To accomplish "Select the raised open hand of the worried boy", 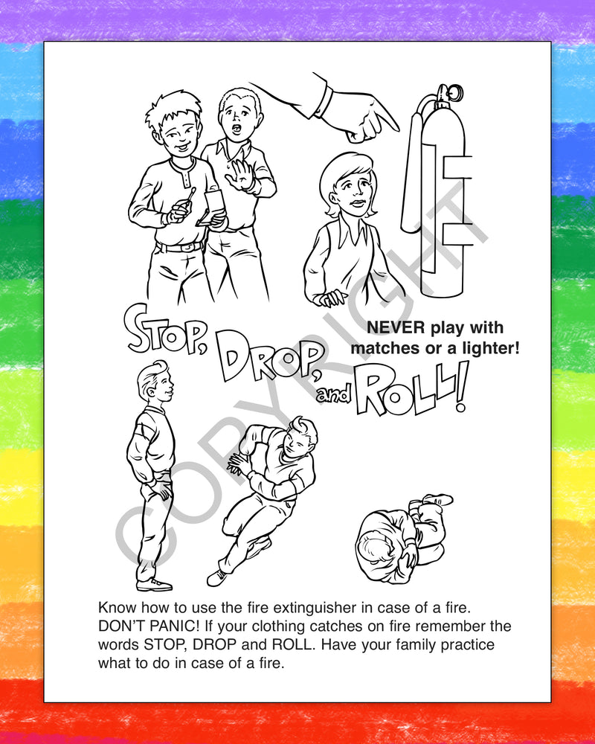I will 241,176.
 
